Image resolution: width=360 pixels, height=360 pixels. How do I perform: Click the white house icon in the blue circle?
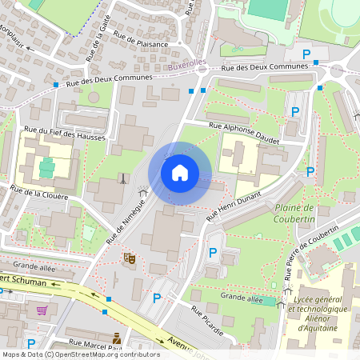click(179, 173)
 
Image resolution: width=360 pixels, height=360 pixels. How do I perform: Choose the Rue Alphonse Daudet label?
click(244, 132)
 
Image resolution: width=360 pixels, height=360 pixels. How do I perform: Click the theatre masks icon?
click(128, 258)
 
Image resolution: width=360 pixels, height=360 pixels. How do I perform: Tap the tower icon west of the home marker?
click(122, 178)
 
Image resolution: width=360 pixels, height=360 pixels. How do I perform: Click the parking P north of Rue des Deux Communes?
click(306, 54)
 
